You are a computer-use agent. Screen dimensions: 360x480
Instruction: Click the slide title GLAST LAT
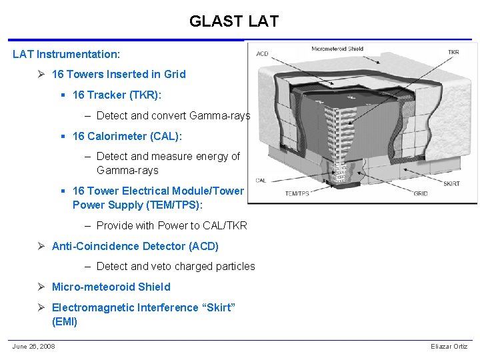(233, 21)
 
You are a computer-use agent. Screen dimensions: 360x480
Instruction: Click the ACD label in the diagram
(262, 53)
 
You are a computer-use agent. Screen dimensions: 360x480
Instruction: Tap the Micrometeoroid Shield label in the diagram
(337, 49)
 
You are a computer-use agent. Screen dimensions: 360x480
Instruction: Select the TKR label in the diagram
(453, 52)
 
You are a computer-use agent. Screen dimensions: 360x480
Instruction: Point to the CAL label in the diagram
(261, 180)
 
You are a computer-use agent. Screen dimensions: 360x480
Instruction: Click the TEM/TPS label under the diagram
(298, 193)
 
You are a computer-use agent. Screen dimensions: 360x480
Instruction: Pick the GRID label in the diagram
(421, 193)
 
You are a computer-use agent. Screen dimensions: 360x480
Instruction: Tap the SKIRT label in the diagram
(451, 183)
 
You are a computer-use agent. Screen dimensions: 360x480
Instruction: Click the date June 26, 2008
(33, 346)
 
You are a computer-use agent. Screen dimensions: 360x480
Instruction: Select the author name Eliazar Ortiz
(449, 347)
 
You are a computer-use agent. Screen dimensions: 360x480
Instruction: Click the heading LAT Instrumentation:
(66, 54)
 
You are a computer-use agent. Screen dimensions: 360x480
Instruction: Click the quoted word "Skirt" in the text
(217, 307)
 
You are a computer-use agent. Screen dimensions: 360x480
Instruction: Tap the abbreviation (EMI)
(65, 321)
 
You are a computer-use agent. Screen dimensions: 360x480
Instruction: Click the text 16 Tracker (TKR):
(117, 95)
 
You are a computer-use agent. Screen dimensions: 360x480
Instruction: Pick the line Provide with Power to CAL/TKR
(171, 225)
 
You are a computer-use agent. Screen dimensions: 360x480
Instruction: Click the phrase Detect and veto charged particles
(175, 266)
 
